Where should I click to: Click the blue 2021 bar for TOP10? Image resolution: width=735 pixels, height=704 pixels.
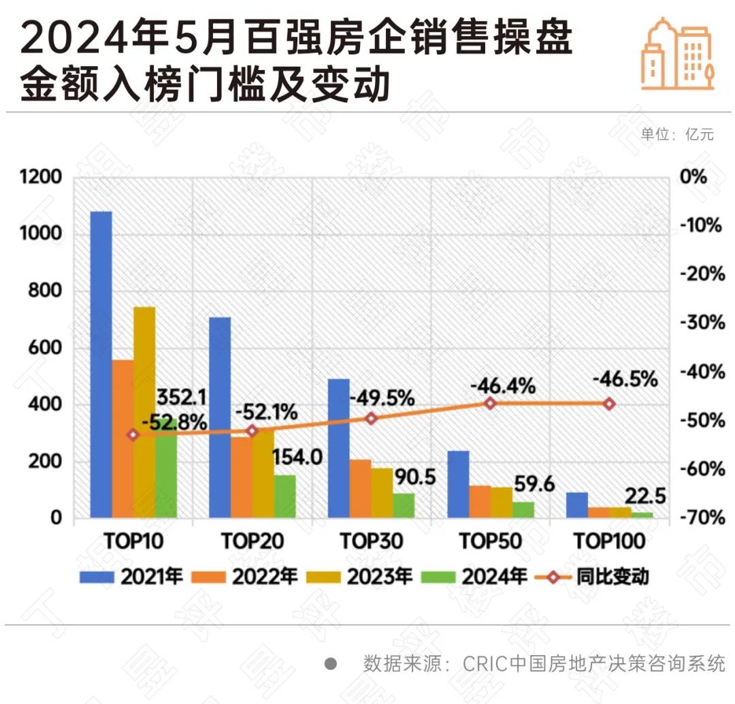point(101,364)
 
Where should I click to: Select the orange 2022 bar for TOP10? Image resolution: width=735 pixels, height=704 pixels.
point(123,438)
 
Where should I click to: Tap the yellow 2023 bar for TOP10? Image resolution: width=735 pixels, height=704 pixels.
point(144,412)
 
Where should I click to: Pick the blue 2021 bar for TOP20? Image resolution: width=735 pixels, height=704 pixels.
point(220,417)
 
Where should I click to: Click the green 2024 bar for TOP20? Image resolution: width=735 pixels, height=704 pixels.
point(285,496)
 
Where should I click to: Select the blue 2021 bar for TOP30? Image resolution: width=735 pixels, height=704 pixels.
point(339,448)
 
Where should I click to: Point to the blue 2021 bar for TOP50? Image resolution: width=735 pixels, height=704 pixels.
point(459,484)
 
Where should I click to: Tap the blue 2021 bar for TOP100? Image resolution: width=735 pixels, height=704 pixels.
point(577,505)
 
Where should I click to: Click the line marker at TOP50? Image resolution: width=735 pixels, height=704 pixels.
point(490,404)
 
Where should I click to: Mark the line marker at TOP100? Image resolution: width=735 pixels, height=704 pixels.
point(609,404)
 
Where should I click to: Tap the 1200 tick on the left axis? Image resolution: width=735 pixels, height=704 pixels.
point(42,178)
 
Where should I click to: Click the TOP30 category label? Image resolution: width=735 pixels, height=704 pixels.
point(372,542)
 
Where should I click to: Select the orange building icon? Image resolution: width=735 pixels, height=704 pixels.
point(677,54)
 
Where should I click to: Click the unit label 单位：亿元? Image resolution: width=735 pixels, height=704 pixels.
point(677,134)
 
